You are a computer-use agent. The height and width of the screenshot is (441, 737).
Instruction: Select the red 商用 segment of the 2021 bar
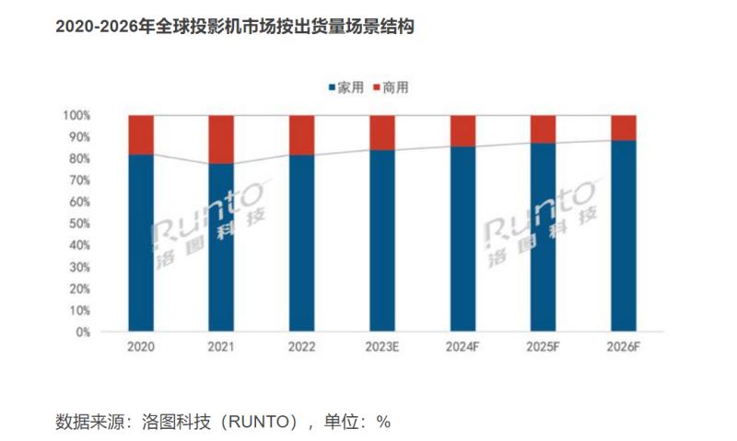(x=221, y=139)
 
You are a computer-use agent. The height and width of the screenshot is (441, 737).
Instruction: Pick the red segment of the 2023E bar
(x=382, y=132)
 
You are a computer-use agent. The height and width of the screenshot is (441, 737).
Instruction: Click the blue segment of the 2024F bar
(x=462, y=238)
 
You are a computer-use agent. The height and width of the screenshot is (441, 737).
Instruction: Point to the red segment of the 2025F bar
(x=543, y=128)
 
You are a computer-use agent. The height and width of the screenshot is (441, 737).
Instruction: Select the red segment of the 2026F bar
(x=624, y=127)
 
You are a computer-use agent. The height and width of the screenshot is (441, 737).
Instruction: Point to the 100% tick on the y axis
(x=76, y=115)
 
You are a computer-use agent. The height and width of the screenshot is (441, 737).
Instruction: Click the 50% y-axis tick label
(x=79, y=224)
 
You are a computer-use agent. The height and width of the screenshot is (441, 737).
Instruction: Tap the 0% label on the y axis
(x=82, y=331)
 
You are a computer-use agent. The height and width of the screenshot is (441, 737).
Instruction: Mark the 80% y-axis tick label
(x=79, y=158)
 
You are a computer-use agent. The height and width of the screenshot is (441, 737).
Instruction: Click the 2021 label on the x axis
(x=221, y=347)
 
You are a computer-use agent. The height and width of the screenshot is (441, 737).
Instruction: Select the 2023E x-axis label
(x=382, y=347)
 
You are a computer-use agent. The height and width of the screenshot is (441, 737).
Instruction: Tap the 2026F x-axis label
(x=624, y=347)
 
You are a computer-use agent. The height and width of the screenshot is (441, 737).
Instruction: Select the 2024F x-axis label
(x=462, y=347)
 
